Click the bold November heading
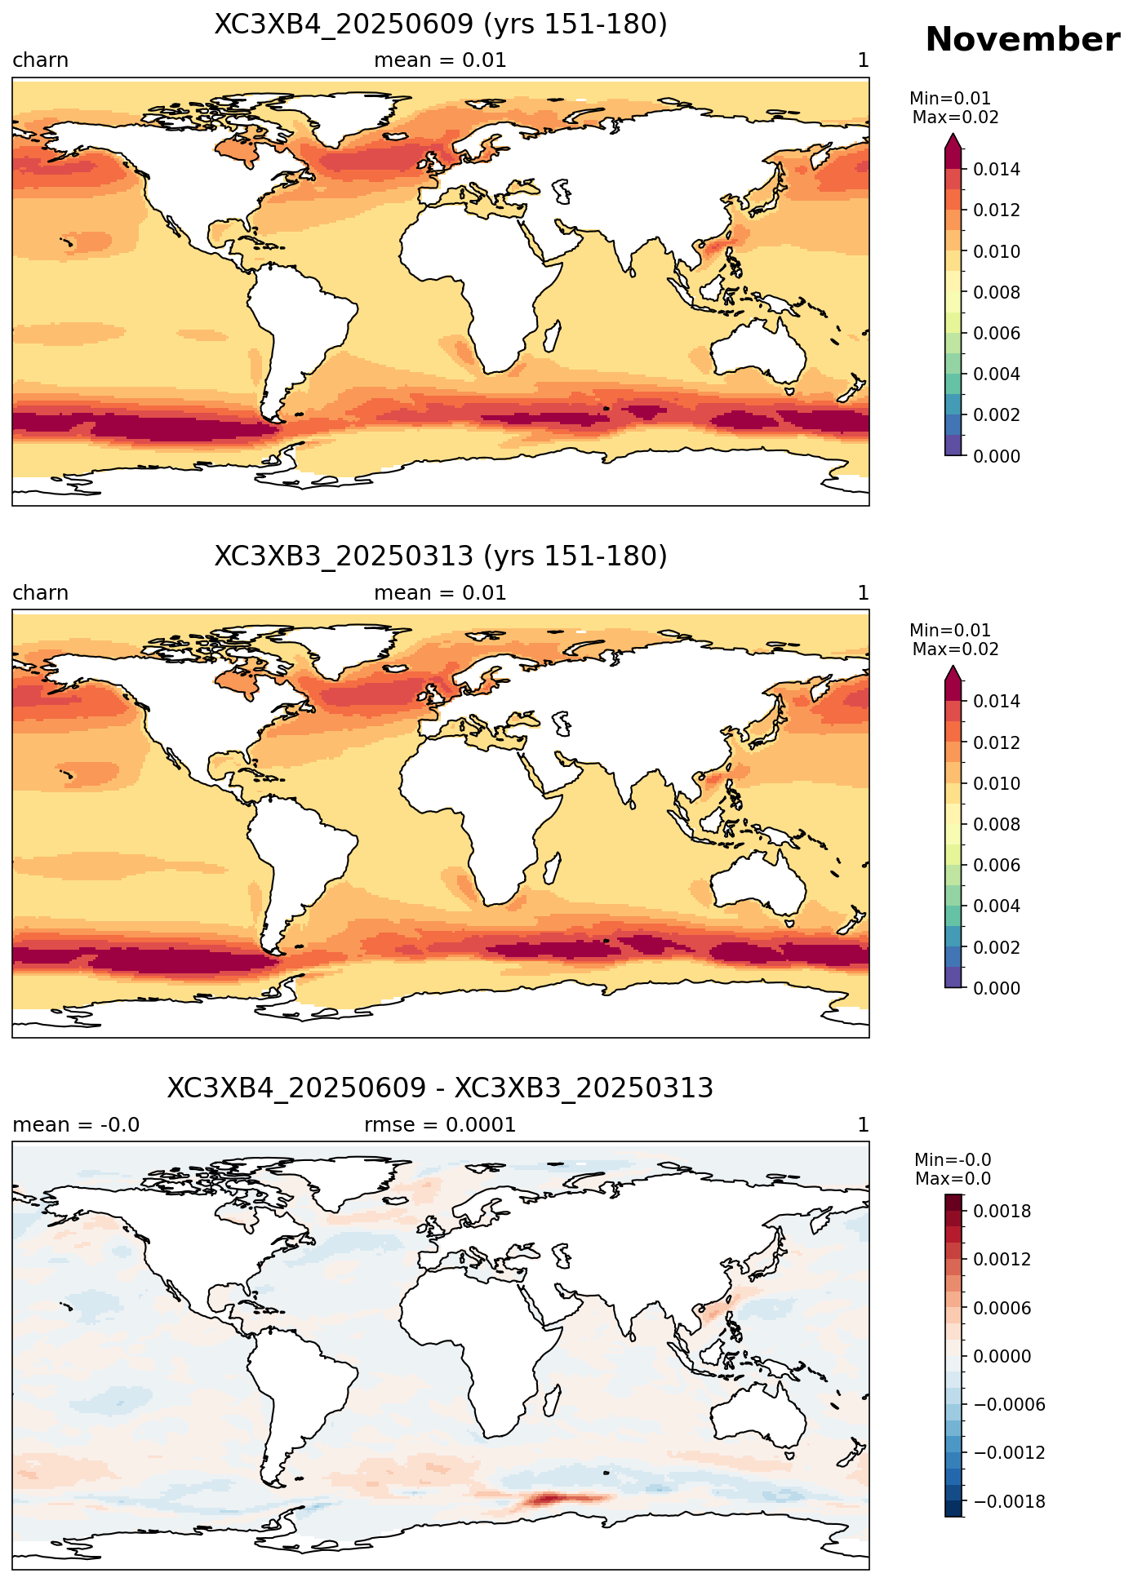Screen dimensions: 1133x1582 coord(1022,39)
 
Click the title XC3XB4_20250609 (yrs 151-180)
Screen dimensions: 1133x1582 coord(441,24)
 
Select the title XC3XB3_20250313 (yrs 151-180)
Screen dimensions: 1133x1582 coord(441,556)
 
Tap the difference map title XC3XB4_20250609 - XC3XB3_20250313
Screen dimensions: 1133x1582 coord(441,1088)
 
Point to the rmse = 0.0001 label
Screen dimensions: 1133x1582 coord(440,1125)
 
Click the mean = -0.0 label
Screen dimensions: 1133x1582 coord(76,1125)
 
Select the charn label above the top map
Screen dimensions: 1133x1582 coord(40,60)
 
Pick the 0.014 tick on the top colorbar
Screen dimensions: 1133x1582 coord(996,170)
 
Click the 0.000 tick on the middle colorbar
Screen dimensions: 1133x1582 coord(996,988)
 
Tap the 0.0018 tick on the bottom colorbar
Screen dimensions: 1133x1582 coord(1002,1211)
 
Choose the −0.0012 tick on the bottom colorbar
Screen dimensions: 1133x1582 coord(1002,1452)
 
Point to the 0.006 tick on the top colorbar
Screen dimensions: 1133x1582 coord(996,333)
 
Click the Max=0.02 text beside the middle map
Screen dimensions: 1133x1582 coord(955,649)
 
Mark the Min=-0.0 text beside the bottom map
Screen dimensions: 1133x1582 coord(953,1160)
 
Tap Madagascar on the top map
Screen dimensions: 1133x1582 coord(552,336)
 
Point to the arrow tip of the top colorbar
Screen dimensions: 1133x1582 coord(953,135)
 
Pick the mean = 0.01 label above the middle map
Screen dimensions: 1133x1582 coord(440,593)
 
